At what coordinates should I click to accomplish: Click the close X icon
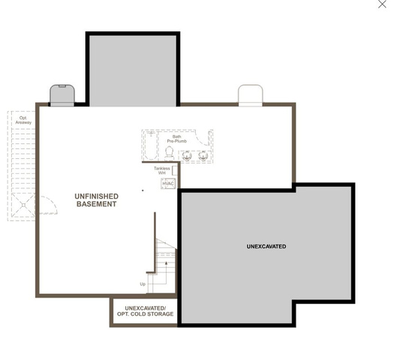click(382, 4)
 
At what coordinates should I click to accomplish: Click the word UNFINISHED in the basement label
click(97, 196)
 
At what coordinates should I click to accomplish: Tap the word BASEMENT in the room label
click(97, 204)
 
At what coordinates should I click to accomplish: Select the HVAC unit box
click(168, 184)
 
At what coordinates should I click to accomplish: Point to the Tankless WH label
click(162, 171)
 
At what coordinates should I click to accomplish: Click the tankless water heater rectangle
click(175, 171)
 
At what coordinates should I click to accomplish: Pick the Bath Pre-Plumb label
click(177, 139)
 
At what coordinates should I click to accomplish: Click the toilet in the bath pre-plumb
click(170, 153)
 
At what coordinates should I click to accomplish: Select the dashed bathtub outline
click(151, 145)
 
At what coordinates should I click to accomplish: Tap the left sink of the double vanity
click(187, 156)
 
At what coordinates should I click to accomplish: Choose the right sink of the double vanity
click(203, 156)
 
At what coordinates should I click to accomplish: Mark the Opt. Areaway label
click(23, 120)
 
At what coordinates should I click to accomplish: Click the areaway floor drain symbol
click(23, 205)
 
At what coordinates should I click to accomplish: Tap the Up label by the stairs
click(143, 284)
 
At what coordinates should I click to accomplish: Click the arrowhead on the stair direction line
click(166, 262)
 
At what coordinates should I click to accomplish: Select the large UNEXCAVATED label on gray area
click(266, 247)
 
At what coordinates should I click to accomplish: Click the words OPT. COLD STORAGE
click(146, 314)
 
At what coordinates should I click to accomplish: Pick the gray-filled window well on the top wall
click(62, 95)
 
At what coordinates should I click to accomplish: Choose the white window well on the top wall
click(250, 95)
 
